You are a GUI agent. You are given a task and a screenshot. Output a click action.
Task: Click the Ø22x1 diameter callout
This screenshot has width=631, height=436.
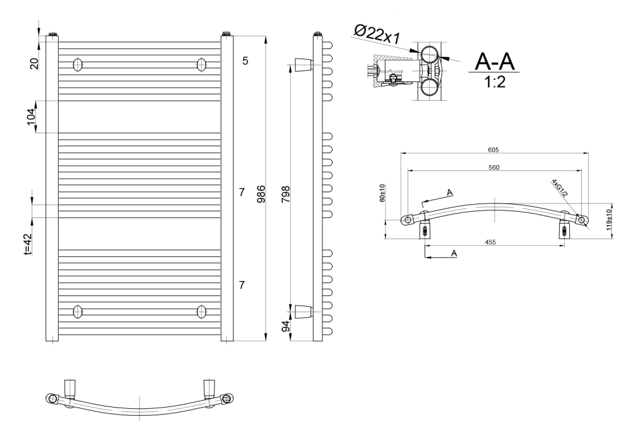(377, 34)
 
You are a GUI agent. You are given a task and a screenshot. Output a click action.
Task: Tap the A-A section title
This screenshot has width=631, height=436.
(495, 62)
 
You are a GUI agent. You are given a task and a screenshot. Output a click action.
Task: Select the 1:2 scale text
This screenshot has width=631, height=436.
(495, 82)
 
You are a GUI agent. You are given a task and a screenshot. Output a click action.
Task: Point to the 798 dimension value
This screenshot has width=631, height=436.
(285, 193)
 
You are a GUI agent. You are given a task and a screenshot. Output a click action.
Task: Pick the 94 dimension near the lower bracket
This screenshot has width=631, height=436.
(286, 326)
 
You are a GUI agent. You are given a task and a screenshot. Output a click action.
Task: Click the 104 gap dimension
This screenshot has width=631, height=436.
(32, 117)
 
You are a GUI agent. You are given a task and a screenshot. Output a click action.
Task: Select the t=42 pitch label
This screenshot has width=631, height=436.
(27, 244)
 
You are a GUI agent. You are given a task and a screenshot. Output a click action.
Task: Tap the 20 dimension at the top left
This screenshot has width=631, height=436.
(34, 64)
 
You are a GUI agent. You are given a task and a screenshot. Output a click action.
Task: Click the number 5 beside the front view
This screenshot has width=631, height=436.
(245, 60)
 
